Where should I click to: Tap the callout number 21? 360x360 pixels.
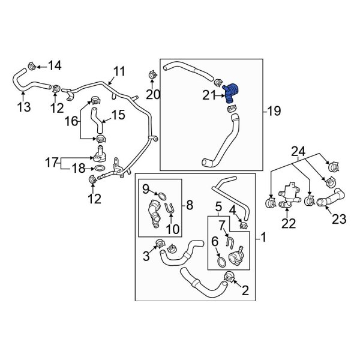(209, 94)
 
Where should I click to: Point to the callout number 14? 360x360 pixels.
(55, 64)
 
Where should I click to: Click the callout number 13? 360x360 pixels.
(23, 108)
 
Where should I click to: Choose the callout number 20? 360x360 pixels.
(153, 94)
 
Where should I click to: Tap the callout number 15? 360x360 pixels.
(118, 113)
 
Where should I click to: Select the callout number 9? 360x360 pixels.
(145, 189)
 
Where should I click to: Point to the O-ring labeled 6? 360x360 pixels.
(221, 262)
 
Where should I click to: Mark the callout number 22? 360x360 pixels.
(289, 223)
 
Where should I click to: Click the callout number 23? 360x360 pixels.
(339, 220)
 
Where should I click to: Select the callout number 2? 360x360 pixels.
(245, 292)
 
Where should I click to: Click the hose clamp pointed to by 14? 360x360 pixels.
(33, 64)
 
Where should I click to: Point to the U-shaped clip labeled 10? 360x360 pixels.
(170, 209)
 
